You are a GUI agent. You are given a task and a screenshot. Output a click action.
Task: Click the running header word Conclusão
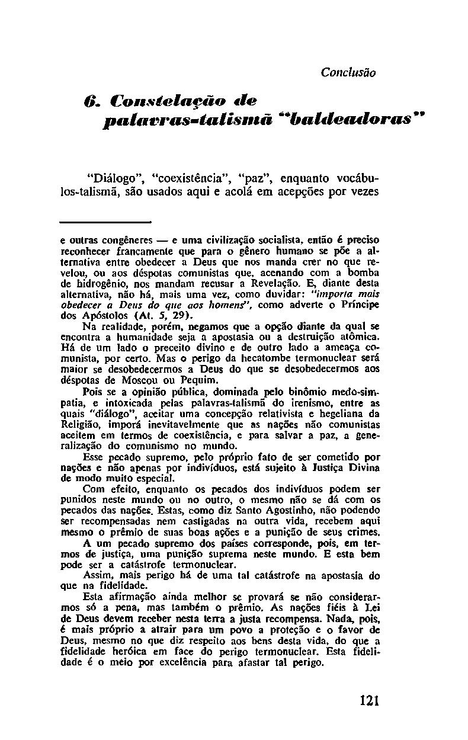point(348,73)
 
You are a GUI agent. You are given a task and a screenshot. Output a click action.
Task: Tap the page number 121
point(368,700)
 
